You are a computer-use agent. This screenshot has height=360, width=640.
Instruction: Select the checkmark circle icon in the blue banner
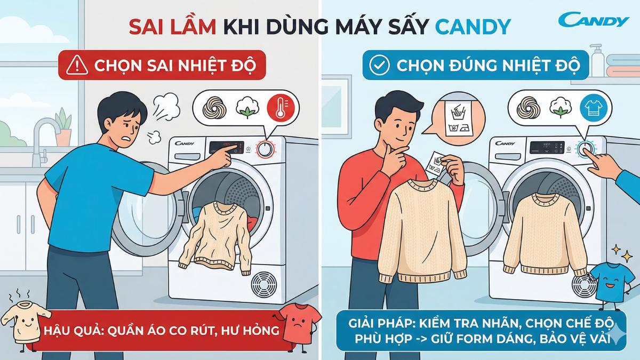[379, 65]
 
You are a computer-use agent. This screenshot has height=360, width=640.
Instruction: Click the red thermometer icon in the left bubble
[278, 106]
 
